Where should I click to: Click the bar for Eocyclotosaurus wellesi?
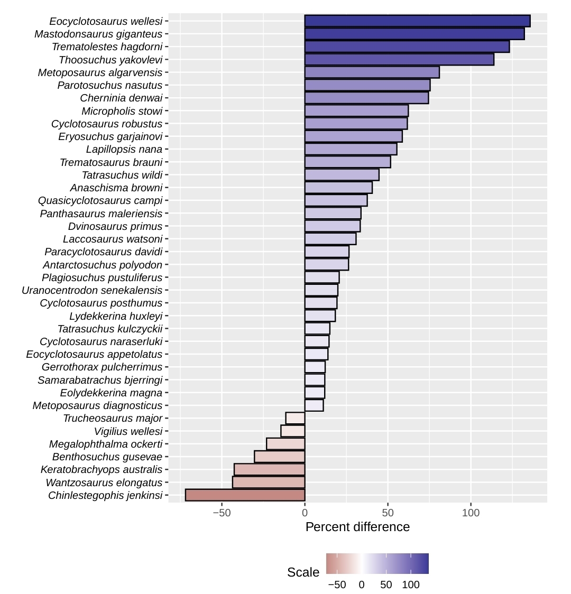tap(417, 21)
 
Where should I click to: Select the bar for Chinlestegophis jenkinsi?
tap(245, 495)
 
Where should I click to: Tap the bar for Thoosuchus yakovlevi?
tap(399, 60)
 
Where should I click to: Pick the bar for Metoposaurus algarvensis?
tap(372, 72)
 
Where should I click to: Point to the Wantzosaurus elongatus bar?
tap(269, 482)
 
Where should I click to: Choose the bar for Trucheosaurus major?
tap(295, 419)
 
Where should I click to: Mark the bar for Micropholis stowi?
tap(356, 111)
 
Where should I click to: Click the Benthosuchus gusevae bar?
tap(280, 457)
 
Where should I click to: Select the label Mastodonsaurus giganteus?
tap(98, 34)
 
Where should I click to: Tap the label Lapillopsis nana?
tap(124, 150)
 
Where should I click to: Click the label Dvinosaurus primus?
tap(115, 226)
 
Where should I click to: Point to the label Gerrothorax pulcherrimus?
tap(102, 367)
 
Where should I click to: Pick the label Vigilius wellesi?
tap(128, 431)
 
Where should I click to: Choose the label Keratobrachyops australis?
tap(102, 469)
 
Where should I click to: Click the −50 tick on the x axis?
tap(222, 513)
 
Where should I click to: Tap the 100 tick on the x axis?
tap(471, 513)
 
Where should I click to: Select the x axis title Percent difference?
tap(357, 527)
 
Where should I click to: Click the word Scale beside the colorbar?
tap(303, 572)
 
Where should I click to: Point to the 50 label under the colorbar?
tap(386, 585)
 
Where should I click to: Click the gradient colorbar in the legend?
tap(377, 563)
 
